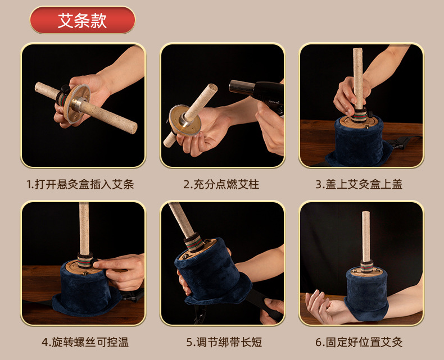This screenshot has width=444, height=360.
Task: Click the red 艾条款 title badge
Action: (83, 20)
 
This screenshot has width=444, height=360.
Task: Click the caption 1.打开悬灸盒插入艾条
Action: (80, 185)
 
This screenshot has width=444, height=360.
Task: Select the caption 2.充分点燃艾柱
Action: (221, 185)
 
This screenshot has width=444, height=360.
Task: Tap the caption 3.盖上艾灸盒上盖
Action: (359, 185)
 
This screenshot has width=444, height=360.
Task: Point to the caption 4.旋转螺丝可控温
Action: (85, 342)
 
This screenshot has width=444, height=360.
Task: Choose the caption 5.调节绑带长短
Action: (224, 342)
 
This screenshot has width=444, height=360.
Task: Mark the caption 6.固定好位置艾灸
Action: (359, 342)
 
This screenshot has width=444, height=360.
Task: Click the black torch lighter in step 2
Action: (256, 92)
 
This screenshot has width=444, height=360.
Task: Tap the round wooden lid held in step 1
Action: (76, 104)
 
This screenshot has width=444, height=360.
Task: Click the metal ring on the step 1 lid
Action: (77, 104)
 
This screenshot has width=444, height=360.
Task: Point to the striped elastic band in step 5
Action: (194, 242)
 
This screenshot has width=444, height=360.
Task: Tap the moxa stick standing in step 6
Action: (366, 236)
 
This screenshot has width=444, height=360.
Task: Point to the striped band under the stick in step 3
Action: (359, 115)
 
